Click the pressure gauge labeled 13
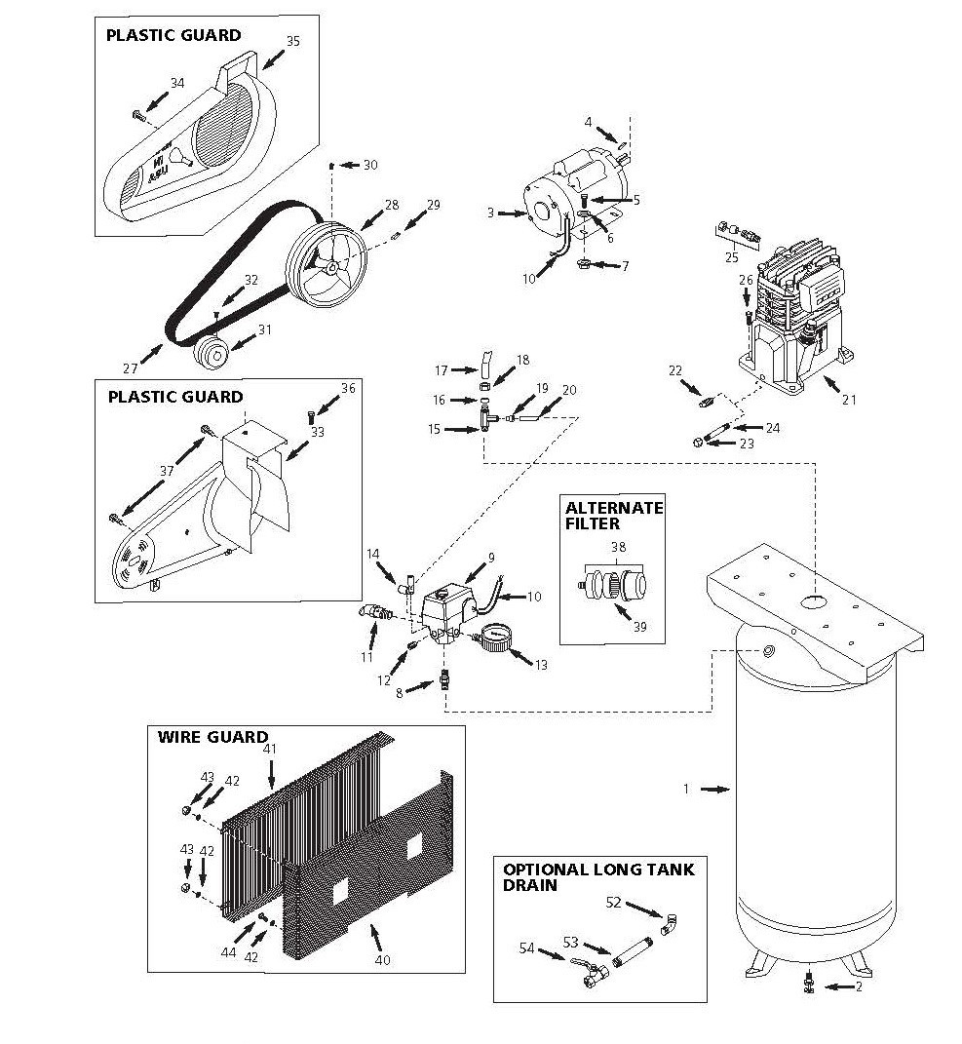coord(493,639)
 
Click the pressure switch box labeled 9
coord(449,612)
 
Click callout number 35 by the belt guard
coord(293,41)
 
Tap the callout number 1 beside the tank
coord(686,789)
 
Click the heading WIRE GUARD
coord(212,737)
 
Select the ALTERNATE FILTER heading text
coord(614,516)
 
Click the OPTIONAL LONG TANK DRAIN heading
coord(597,877)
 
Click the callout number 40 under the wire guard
coord(382,960)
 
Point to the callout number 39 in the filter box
coord(639,627)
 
